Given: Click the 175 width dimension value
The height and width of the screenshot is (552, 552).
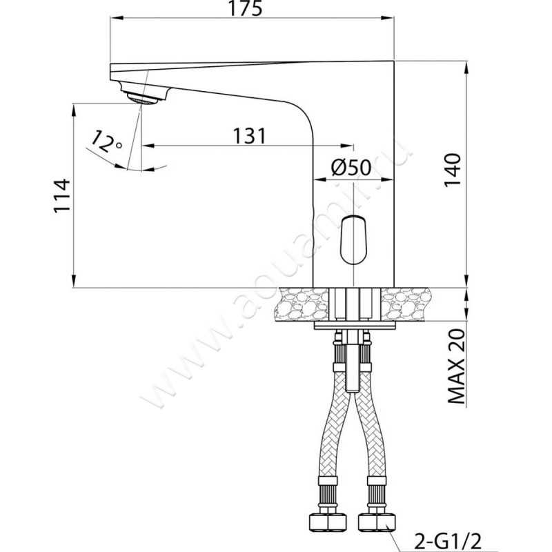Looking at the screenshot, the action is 246,8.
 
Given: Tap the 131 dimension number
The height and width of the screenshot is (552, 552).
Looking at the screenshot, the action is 250,135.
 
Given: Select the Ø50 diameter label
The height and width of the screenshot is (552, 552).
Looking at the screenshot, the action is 351,167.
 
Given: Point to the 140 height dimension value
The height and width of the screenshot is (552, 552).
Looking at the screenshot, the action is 453,170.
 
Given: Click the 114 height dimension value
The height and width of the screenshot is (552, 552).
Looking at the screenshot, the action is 62,196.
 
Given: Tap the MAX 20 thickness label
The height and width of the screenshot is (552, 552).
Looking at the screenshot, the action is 457,367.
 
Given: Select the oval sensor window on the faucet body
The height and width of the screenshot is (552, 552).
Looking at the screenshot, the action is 353,240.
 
